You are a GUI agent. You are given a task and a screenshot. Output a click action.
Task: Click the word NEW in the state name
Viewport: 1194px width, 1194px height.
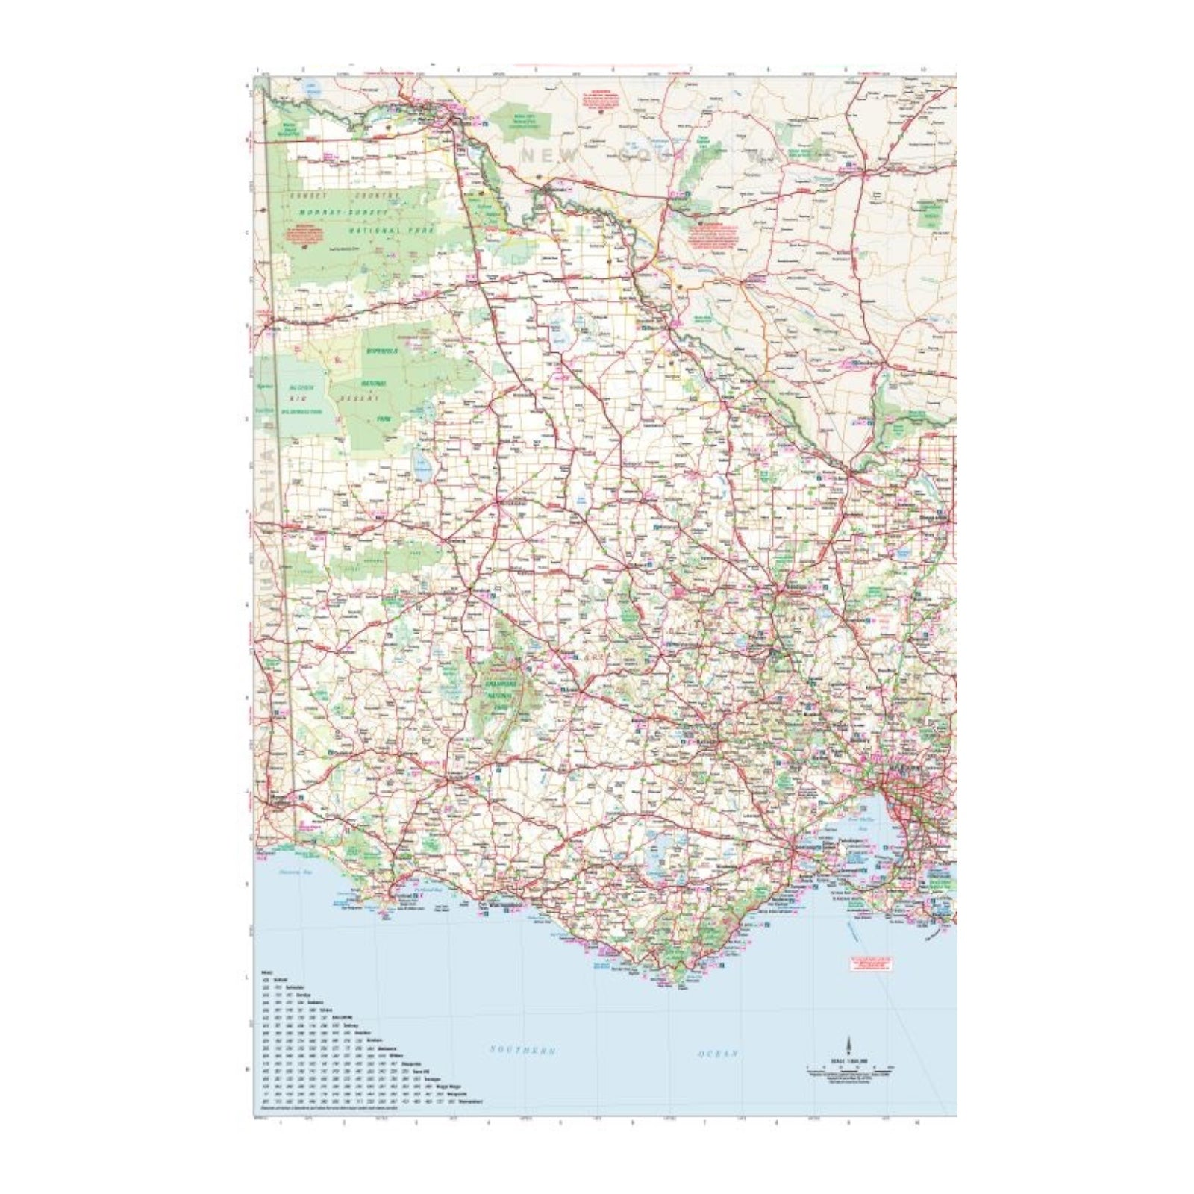tap(549, 156)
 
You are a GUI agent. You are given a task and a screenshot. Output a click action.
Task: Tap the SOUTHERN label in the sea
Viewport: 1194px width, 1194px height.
tap(522, 1050)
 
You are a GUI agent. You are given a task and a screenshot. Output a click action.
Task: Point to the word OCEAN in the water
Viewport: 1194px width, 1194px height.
tap(718, 1053)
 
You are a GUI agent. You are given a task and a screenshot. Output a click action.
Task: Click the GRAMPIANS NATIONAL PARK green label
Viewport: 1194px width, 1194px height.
tap(501, 684)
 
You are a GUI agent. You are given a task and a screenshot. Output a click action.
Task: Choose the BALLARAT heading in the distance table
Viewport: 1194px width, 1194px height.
tap(342, 1017)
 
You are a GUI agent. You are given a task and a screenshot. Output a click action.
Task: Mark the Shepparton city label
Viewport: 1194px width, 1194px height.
tap(934, 516)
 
